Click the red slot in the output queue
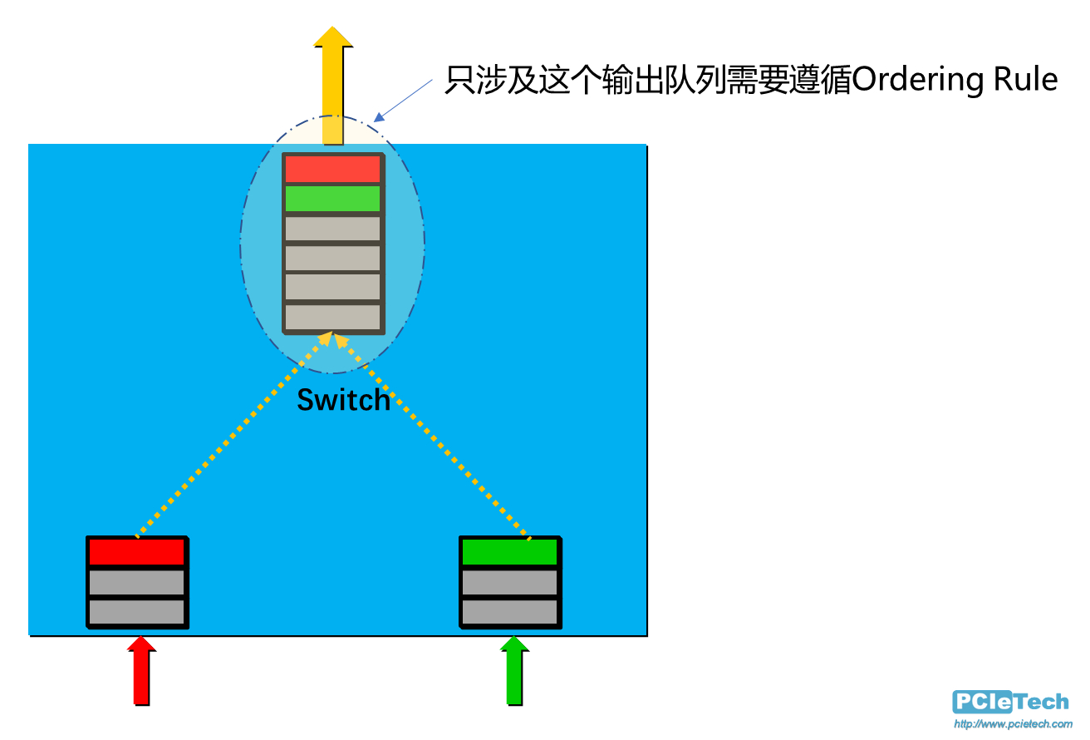[x=332, y=169]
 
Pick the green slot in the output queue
[x=332, y=199]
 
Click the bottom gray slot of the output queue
[x=332, y=317]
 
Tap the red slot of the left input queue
[x=136, y=552]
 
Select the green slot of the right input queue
[x=509, y=552]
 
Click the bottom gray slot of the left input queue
[x=136, y=612]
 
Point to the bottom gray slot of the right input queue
[x=509, y=612]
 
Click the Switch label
[x=343, y=400]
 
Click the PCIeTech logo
[x=1011, y=702]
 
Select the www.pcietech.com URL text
[x=1013, y=724]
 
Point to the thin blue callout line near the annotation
[x=405, y=97]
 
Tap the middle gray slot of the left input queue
[x=136, y=582]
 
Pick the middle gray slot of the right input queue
[x=509, y=582]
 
